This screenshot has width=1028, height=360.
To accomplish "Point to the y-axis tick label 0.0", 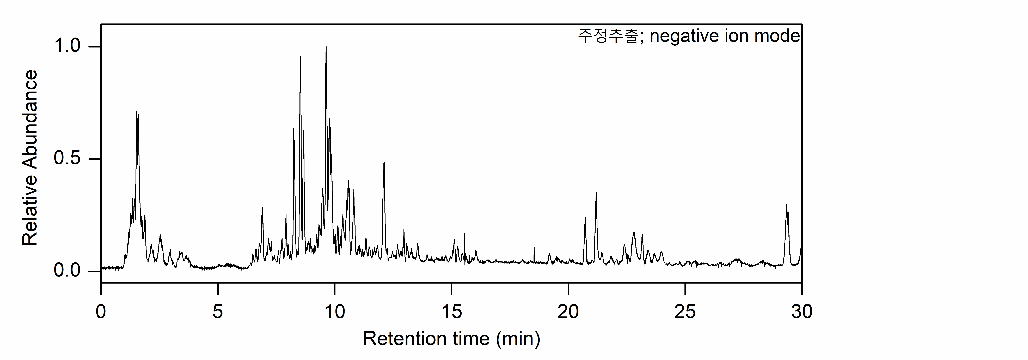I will click(67, 271).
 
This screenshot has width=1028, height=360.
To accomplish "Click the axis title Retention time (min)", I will click(451, 339).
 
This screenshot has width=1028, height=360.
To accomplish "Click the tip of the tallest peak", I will click(326, 47).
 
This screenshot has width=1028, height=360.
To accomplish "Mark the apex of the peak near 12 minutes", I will click(384, 163).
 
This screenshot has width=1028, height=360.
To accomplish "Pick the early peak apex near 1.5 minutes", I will click(137, 112).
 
